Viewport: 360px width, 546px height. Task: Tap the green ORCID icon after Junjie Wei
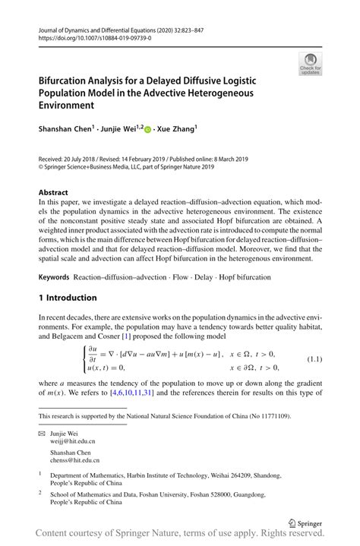pos(147,130)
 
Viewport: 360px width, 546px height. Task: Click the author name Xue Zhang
pos(176,130)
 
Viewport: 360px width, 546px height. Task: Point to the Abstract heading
pos(54,193)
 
